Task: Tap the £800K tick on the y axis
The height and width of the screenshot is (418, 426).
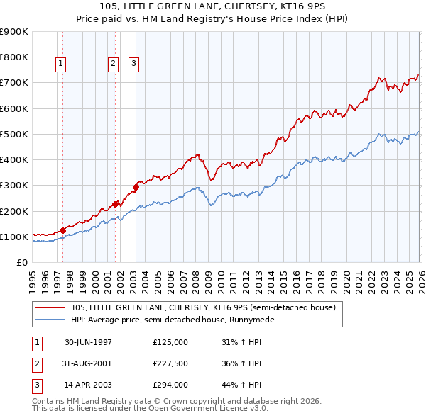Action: pyautogui.click(x=13, y=57)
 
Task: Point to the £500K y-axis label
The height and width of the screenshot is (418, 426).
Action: pyautogui.click(x=13, y=134)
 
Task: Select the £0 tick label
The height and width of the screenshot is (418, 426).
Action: pyautogui.click(x=21, y=262)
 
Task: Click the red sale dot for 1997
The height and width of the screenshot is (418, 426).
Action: pyautogui.click(x=63, y=230)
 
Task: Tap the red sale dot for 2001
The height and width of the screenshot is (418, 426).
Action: pyautogui.click(x=116, y=203)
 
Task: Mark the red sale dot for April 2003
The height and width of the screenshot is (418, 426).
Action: pyautogui.click(x=136, y=187)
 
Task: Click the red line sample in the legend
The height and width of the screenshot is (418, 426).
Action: pyautogui.click(x=51, y=308)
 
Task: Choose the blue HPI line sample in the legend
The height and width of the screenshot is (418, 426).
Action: pyautogui.click(x=51, y=320)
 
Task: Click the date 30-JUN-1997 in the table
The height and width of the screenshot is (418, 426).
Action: pyautogui.click(x=88, y=342)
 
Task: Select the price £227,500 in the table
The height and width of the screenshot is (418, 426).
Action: pyautogui.click(x=170, y=364)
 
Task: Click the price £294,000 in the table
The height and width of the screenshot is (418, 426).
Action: pyautogui.click(x=170, y=386)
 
